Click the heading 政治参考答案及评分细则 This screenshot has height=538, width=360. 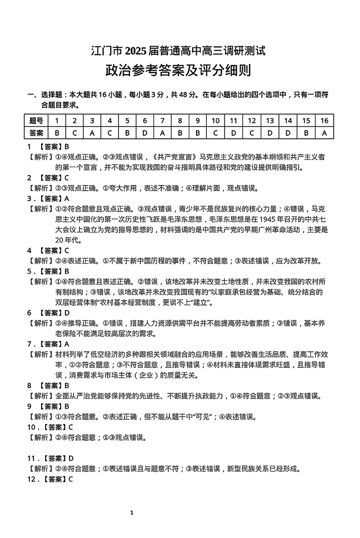tap(178, 71)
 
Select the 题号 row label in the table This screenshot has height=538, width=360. tap(36, 121)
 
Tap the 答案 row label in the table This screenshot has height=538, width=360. tap(36, 132)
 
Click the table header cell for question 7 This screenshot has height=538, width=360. tap(162, 121)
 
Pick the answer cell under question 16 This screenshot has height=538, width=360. tap(324, 132)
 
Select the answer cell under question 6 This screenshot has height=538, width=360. tap(145, 132)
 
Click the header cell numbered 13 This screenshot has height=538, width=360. tap(270, 121)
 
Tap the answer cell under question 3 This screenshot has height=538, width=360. tap(92, 132)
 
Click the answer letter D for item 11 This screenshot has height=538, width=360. tap(71, 458)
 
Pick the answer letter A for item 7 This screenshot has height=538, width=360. tap(67, 344)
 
